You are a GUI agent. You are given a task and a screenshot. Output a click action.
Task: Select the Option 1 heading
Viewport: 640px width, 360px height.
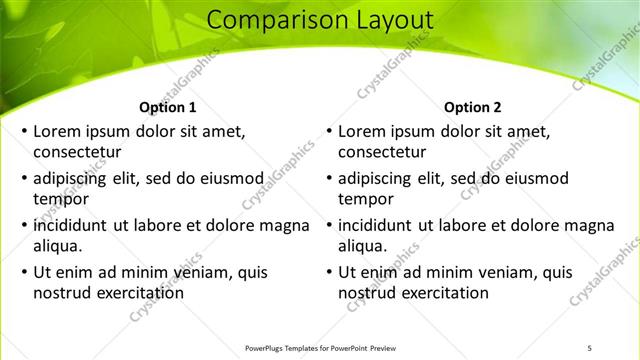pos(167,107)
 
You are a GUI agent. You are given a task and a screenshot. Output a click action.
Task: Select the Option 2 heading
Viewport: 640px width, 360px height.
pos(473,107)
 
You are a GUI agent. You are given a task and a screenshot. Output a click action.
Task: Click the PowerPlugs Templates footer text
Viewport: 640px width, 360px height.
pos(320,348)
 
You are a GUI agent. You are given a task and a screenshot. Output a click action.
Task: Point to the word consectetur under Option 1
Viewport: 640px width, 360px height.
pos(78,153)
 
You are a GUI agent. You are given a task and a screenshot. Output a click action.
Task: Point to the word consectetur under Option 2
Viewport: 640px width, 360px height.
pos(383,153)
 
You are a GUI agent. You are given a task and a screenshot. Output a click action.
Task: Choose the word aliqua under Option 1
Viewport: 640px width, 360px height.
pos(58,246)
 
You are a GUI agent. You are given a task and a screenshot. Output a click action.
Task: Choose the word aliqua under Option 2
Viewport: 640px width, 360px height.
pos(363,246)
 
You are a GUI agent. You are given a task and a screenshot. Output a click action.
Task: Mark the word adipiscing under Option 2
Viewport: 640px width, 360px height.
pos(376,178)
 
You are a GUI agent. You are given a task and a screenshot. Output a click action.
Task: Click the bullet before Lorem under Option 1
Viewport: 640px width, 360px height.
pos(24,132)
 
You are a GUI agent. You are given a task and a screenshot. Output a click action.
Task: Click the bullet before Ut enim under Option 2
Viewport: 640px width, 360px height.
pos(329,272)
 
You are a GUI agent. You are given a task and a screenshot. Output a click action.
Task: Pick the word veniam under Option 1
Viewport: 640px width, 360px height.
pos(180,272)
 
